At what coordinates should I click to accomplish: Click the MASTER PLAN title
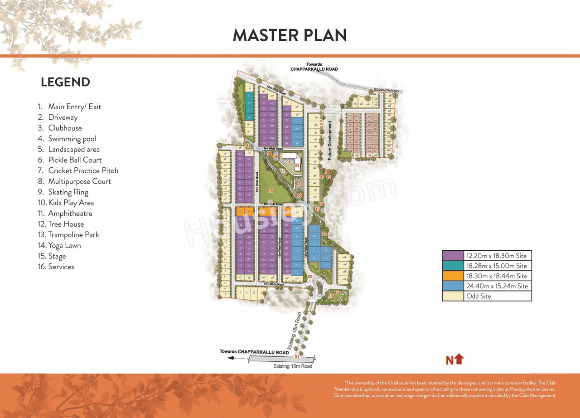pyautogui.click(x=290, y=35)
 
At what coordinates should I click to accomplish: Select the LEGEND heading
pyautogui.click(x=65, y=82)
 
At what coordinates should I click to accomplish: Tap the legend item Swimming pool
pyautogui.click(x=72, y=139)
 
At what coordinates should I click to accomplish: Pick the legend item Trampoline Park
pyautogui.click(x=73, y=234)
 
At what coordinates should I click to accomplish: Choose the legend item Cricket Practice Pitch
pyautogui.click(x=83, y=170)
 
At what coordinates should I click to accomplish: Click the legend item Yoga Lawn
pyautogui.click(x=64, y=245)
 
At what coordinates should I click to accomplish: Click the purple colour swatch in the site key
pyautogui.click(x=453, y=256)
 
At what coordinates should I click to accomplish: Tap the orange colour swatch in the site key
pyautogui.click(x=453, y=276)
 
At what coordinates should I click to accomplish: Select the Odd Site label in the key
pyautogui.click(x=478, y=296)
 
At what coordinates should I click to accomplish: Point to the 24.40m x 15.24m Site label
pyautogui.click(x=497, y=286)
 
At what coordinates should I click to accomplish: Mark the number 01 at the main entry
pyautogui.click(x=297, y=357)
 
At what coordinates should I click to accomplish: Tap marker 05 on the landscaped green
pyautogui.click(x=271, y=191)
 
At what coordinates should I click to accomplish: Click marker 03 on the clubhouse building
pyautogui.click(x=297, y=165)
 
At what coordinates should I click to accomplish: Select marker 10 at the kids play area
pyautogui.click(x=330, y=296)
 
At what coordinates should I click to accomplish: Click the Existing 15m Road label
pyautogui.click(x=293, y=366)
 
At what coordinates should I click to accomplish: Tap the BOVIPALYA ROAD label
pyautogui.click(x=387, y=91)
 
